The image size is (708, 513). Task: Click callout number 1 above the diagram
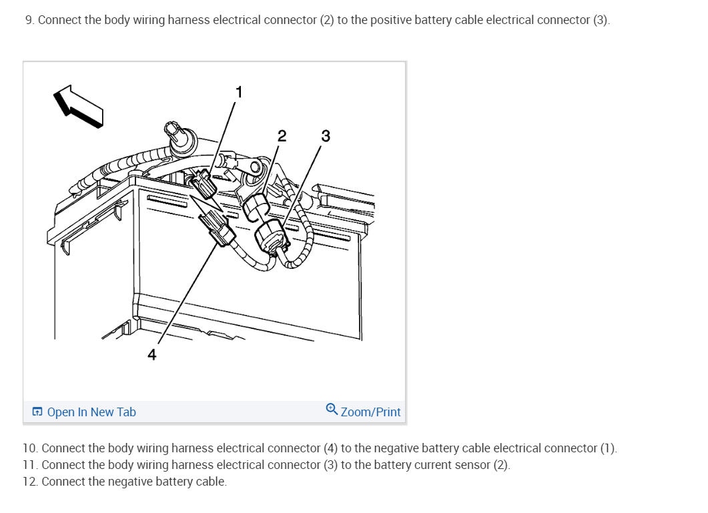(239, 91)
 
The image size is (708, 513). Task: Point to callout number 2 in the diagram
(282, 136)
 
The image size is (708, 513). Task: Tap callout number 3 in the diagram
(325, 136)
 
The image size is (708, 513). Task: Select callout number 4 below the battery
(152, 355)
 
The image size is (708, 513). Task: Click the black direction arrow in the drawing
(78, 106)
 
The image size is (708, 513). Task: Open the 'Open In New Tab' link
(91, 412)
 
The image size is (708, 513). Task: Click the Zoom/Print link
(370, 412)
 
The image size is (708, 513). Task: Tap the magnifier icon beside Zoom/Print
(332, 409)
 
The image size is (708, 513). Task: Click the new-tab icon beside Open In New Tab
(37, 412)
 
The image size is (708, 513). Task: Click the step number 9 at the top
(29, 20)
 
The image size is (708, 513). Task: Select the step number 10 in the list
(29, 448)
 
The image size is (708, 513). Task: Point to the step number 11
(29, 465)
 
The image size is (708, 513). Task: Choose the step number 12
(29, 482)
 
